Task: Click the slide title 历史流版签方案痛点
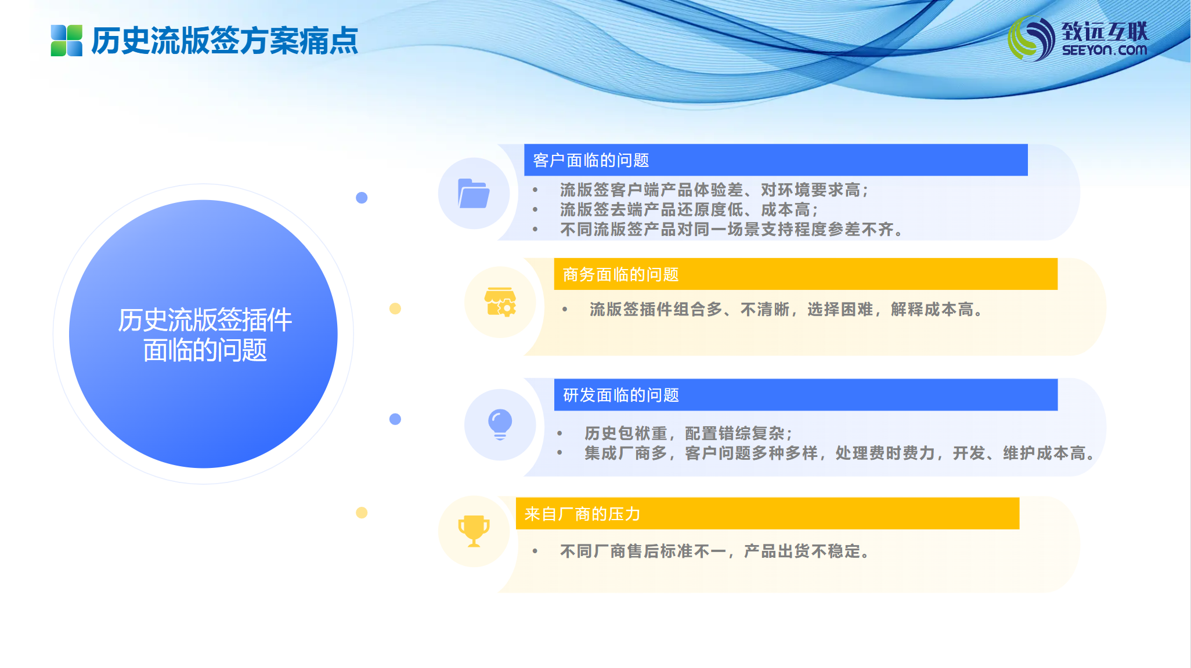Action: click(225, 41)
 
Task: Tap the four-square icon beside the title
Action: click(67, 41)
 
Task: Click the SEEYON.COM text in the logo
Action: click(1105, 50)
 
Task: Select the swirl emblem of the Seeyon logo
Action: click(1031, 39)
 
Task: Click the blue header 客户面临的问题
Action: click(775, 160)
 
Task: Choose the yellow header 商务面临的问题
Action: click(806, 274)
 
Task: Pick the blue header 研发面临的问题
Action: click(806, 395)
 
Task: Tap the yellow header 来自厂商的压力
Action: click(767, 514)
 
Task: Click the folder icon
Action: click(474, 193)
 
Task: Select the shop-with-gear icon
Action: click(500, 302)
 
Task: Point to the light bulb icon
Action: click(500, 424)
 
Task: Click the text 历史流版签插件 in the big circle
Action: click(205, 320)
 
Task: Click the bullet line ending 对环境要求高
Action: click(713, 190)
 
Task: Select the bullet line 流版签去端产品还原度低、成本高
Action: click(688, 210)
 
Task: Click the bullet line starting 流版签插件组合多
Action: click(786, 310)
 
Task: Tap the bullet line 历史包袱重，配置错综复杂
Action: click(688, 433)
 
